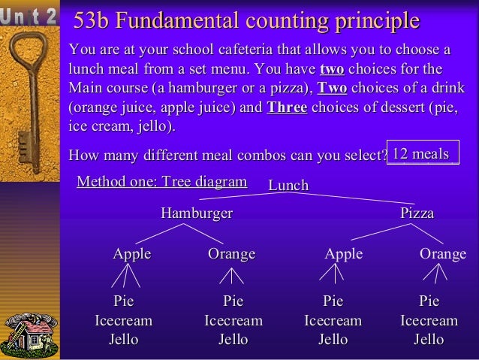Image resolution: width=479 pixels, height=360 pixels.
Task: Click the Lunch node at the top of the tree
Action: point(288,186)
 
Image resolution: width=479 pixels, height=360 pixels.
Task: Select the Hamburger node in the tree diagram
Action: point(197,213)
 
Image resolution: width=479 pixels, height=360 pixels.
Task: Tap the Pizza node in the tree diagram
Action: point(417,213)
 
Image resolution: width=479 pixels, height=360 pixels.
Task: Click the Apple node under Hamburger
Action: point(131,254)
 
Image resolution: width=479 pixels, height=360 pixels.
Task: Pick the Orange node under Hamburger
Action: point(231,254)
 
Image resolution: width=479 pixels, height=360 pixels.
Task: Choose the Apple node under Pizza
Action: point(343,254)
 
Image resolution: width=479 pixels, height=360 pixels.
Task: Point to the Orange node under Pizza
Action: point(442,254)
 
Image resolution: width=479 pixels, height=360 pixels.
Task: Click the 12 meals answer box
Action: point(421,154)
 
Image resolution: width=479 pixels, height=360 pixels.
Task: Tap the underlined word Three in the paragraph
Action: point(287,107)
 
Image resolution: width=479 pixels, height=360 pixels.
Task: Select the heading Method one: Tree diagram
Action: point(161,181)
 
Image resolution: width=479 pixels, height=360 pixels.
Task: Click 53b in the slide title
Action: point(91,21)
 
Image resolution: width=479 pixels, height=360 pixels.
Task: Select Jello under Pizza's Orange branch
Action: point(429,340)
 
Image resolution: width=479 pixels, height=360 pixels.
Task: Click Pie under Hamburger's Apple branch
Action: point(123,301)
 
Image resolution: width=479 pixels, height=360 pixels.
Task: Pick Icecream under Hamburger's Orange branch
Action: point(233,321)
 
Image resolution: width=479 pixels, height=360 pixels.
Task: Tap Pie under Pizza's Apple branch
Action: point(333,301)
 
